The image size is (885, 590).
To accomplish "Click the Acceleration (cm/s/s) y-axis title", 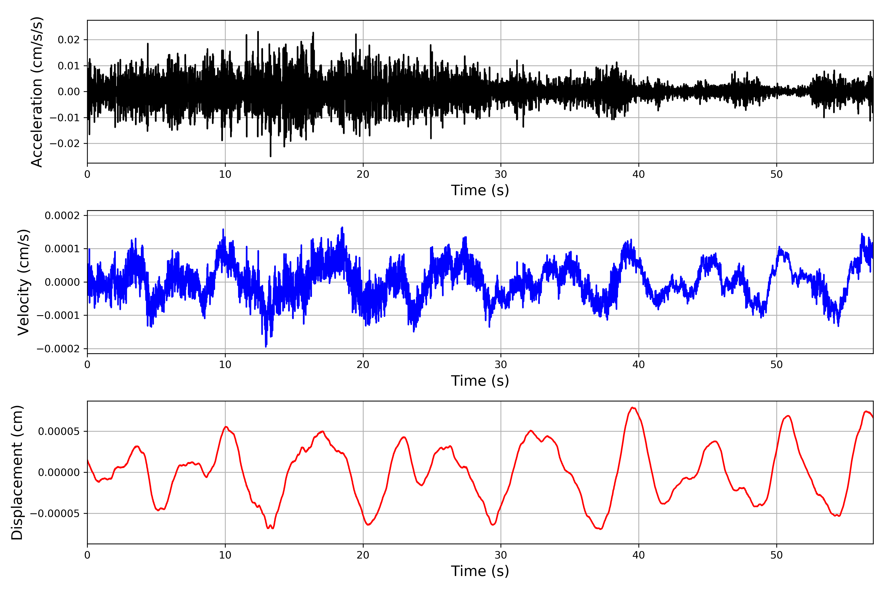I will (37, 92).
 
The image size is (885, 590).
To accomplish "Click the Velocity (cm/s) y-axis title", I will (23, 282).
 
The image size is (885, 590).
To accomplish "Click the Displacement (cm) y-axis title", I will (17, 472).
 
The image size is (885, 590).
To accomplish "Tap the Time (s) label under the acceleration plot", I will (480, 190).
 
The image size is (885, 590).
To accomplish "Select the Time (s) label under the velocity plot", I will (480, 381).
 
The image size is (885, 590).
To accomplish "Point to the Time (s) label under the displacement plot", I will (480, 571).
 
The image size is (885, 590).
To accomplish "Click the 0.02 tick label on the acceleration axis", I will (69, 40).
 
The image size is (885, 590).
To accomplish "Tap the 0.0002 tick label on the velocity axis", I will (62, 216).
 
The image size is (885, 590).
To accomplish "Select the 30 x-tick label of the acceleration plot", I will (501, 175).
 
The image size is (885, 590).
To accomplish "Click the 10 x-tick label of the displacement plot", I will (225, 555).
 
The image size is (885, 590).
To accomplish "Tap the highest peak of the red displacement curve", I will (633, 408).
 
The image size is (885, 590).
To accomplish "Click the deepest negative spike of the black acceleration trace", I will (271, 156).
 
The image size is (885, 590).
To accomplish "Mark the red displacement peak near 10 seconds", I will (226, 427).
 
